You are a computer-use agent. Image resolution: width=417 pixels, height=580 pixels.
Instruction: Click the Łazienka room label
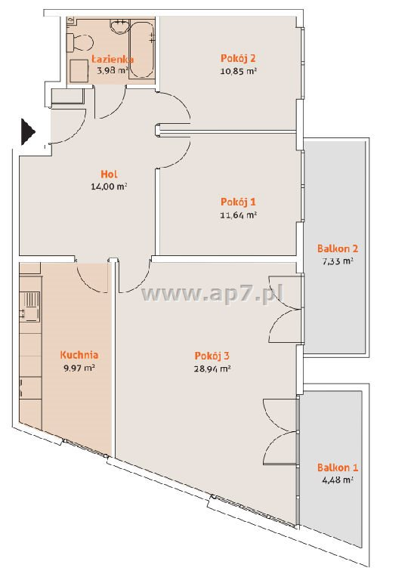pos(113,59)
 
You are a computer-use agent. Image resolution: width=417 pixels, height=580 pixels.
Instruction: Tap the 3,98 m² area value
pos(113,70)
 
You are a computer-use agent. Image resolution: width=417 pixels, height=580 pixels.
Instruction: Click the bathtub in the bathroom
pos(141,49)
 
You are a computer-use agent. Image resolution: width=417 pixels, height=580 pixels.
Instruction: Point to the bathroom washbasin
pos(119,26)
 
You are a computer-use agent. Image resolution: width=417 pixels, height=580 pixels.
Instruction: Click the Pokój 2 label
pos(238,58)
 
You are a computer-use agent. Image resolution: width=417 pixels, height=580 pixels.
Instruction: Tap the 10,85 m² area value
pos(239,71)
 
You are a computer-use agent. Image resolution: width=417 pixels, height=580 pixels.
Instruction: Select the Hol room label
pos(109,174)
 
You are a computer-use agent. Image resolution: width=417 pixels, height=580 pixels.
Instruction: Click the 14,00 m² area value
pos(109,187)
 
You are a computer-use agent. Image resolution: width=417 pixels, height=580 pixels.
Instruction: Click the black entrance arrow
pos(27,131)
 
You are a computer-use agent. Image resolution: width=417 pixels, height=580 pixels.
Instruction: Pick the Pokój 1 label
pos(238,202)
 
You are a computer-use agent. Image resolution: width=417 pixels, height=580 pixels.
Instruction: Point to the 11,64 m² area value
pos(239,215)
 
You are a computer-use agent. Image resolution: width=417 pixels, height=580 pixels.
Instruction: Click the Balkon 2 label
pos(338,248)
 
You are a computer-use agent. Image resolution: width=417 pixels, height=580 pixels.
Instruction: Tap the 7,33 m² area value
pos(338,261)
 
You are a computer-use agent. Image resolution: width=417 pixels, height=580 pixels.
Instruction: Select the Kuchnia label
pos(79,355)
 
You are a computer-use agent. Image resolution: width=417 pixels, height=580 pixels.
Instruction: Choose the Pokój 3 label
pos(212,356)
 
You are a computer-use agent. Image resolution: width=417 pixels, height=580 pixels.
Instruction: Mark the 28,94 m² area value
pos(212,369)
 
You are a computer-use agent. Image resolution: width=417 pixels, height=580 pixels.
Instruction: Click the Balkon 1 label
pos(338,467)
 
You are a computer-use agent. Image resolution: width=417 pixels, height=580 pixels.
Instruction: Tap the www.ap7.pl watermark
pos(212,294)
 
